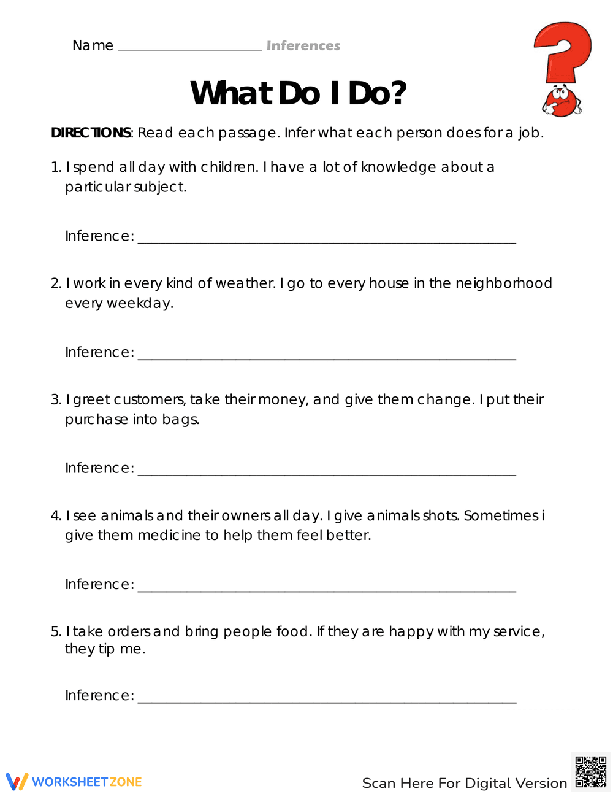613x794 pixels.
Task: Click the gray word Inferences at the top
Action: click(303, 45)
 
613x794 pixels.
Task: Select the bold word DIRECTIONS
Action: click(91, 133)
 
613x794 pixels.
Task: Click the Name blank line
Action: click(189, 48)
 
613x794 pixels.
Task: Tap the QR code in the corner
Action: click(591, 771)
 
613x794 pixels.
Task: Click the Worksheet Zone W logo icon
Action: click(17, 782)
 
